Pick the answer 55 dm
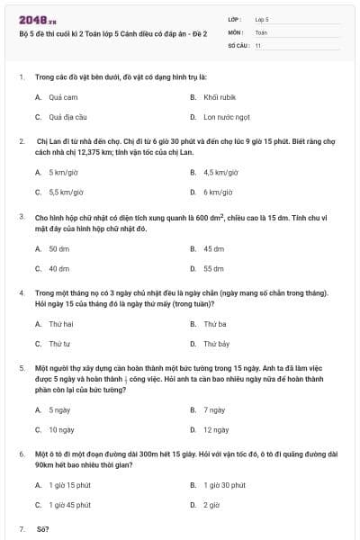click(213, 268)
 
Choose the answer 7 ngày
click(213, 409)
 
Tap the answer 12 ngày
click(215, 430)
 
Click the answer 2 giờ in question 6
click(211, 505)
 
